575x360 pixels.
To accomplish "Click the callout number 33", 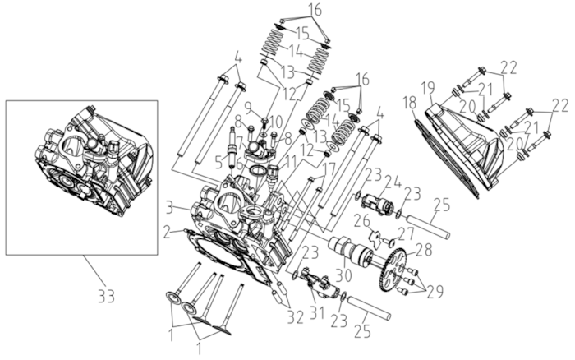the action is pyautogui.click(x=106, y=296).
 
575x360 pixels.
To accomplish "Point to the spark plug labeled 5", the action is pyautogui.click(x=232, y=148).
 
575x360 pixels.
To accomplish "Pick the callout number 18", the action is pyautogui.click(x=410, y=103).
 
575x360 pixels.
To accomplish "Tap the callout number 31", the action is pyautogui.click(x=318, y=312).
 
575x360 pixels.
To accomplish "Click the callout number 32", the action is pyautogui.click(x=296, y=317).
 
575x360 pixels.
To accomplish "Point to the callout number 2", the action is pyautogui.click(x=168, y=233).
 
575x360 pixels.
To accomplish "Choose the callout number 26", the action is pyautogui.click(x=361, y=221).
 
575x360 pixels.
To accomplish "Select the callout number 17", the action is pyautogui.click(x=329, y=169).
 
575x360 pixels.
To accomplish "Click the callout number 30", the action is pyautogui.click(x=346, y=274).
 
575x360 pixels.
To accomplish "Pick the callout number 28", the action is pyautogui.click(x=425, y=251).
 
